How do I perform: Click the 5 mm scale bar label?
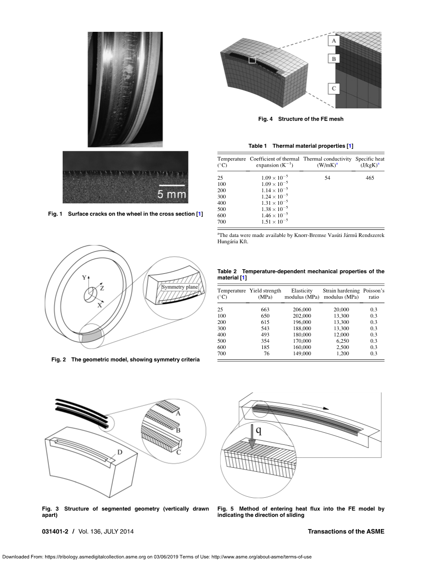pyautogui.click(x=171, y=194)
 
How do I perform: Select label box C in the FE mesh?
pyautogui.click(x=334, y=89)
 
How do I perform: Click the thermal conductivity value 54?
pyautogui.click(x=328, y=178)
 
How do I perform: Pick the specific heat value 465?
pyautogui.click(x=370, y=178)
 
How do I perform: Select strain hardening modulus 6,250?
pyautogui.click(x=342, y=341)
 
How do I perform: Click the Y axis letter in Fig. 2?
pyautogui.click(x=84, y=278)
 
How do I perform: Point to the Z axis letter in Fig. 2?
pyautogui.click(x=102, y=288)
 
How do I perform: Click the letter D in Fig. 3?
pyautogui.click(x=119, y=452)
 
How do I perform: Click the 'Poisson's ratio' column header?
pyautogui.click(x=374, y=294)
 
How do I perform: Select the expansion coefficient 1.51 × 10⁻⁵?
pyautogui.click(x=274, y=221)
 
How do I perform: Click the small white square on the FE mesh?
pyautogui.click(x=252, y=60)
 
